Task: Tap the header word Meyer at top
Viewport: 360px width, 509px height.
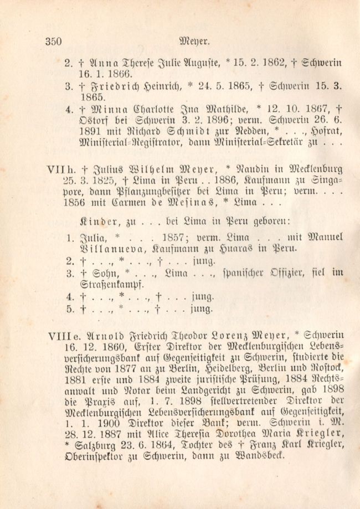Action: tap(194, 40)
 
